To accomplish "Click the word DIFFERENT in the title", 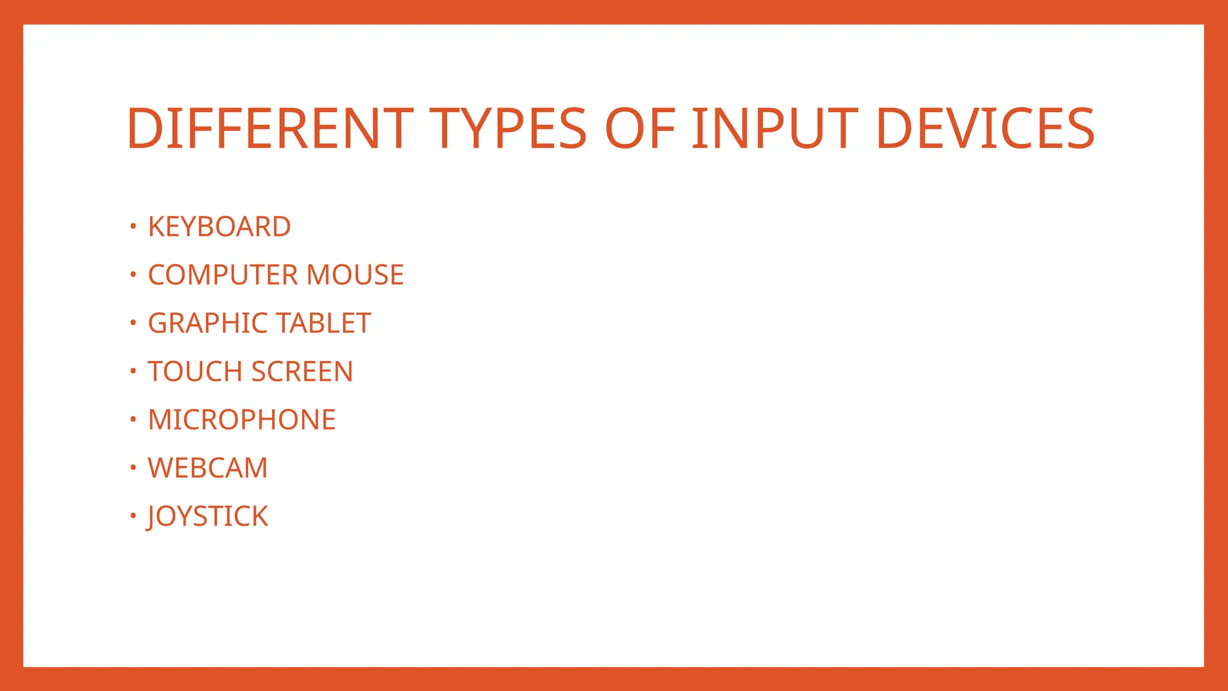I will pyautogui.click(x=270, y=128).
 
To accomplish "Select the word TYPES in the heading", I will pyautogui.click(x=508, y=128).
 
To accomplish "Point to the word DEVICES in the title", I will pyautogui.click(x=985, y=128).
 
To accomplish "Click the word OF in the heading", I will pyautogui.click(x=640, y=128).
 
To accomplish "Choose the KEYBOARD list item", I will pyautogui.click(x=219, y=227).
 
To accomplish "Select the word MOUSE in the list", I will pyautogui.click(x=355, y=275).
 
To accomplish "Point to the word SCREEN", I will pyautogui.click(x=302, y=372).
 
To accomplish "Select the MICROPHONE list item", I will pyautogui.click(x=242, y=420).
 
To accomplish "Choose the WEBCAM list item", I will pyautogui.click(x=207, y=468).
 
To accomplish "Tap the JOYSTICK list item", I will pyautogui.click(x=207, y=516).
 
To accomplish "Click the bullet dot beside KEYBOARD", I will pyautogui.click(x=133, y=226).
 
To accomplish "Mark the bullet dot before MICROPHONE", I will pyautogui.click(x=133, y=419).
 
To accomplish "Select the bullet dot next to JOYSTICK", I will pyautogui.click(x=133, y=515).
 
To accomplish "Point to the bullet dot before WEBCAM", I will pyautogui.click(x=133, y=467).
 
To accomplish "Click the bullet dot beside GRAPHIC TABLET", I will pyautogui.click(x=133, y=323).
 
